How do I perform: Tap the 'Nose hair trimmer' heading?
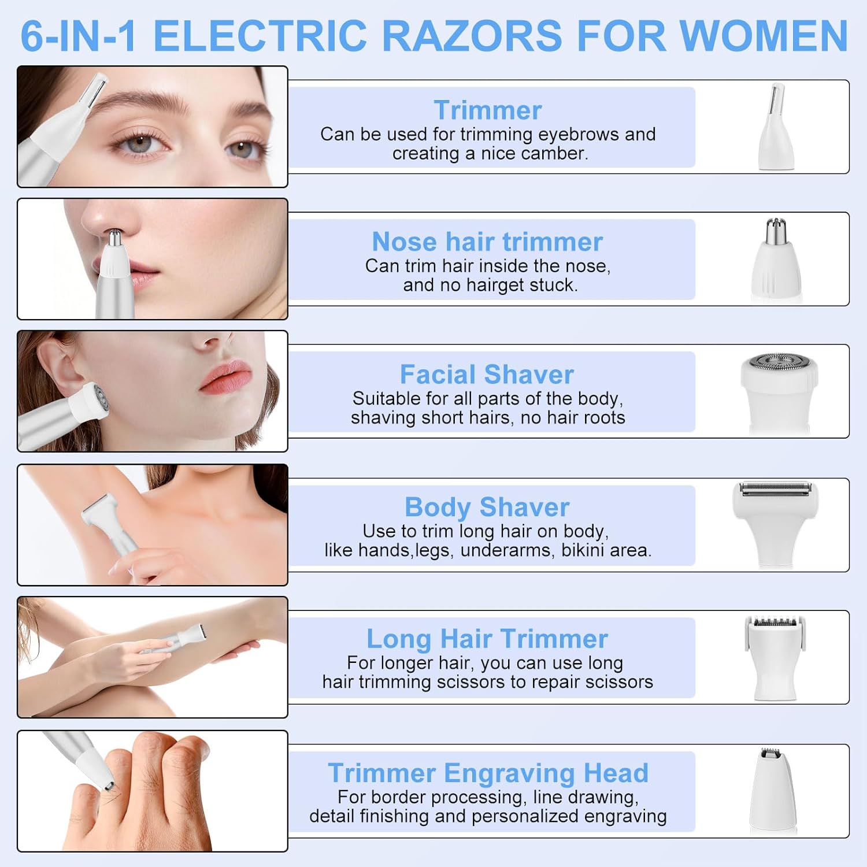(487, 242)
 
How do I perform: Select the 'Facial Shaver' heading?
(487, 374)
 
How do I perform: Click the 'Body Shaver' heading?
(487, 507)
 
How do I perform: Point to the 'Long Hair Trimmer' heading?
(487, 639)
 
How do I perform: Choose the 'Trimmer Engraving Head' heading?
(488, 773)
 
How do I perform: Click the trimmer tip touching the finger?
(108, 784)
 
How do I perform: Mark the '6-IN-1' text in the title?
(79, 36)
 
